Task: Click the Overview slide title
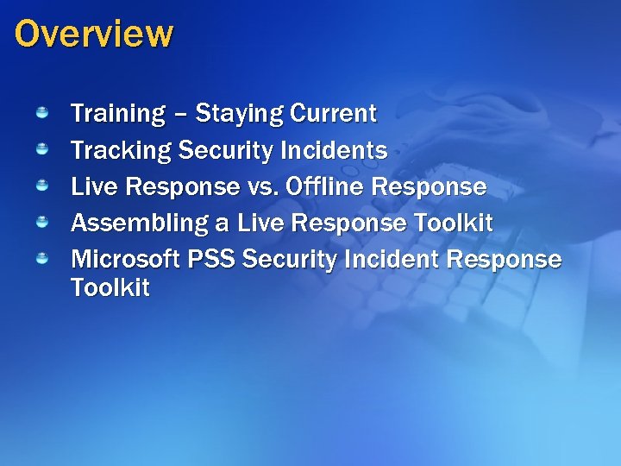coord(93,35)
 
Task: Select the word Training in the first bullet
coord(117,114)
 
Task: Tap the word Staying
coord(240,114)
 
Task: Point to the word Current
coord(334,113)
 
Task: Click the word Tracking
coord(121,151)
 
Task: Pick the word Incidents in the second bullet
coord(334,151)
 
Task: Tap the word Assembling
coord(139,224)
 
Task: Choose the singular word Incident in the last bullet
coord(380,260)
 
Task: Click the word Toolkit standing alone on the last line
coord(110,288)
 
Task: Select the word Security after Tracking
coord(227,151)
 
